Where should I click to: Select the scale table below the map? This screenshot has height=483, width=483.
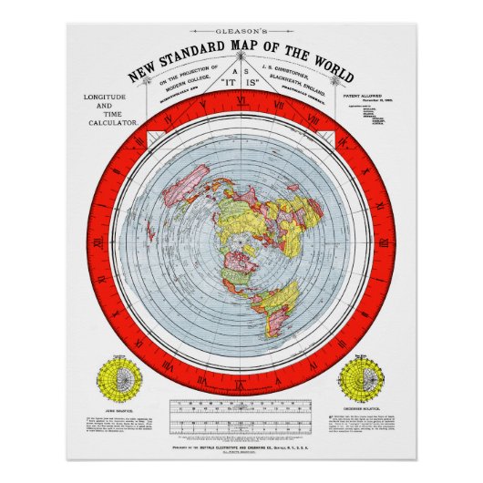tap(241, 415)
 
